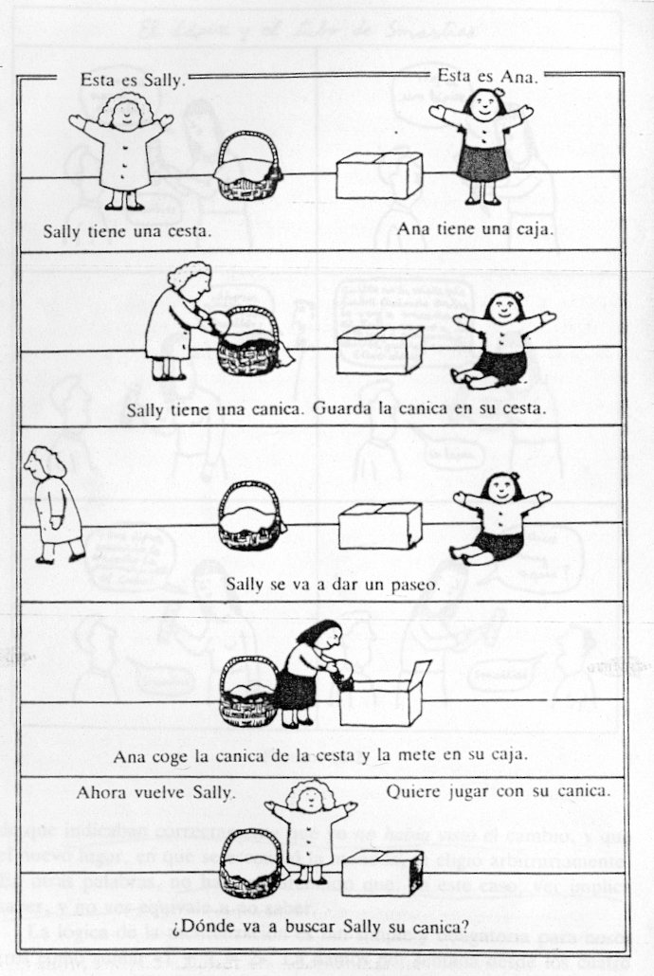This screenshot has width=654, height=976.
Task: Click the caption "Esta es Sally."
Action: pyautogui.click(x=133, y=80)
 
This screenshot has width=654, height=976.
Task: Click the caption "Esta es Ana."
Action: pyautogui.click(x=487, y=77)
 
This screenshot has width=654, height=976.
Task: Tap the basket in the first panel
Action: pyautogui.click(x=249, y=167)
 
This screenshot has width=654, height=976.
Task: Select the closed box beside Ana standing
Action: pyautogui.click(x=379, y=175)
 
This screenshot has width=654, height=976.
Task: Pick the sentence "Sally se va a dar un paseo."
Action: pyautogui.click(x=333, y=584)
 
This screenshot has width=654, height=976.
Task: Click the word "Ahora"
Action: pyautogui.click(x=102, y=790)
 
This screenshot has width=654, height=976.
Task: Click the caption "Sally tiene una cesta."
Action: pyautogui.click(x=127, y=230)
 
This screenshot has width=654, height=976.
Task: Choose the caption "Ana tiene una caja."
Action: pyautogui.click(x=476, y=228)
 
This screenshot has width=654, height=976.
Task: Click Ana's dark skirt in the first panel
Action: pyautogui.click(x=482, y=161)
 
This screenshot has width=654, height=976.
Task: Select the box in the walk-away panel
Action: pyautogui.click(x=380, y=524)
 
